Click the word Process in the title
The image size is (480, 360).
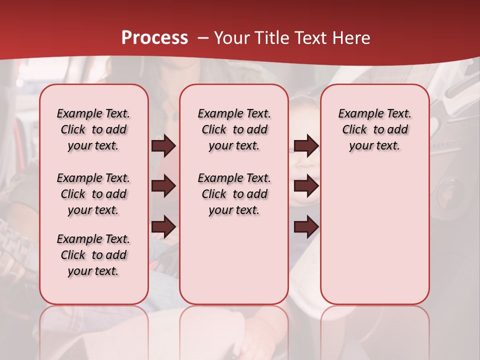[154, 38]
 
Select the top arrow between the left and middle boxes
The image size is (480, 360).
[163, 146]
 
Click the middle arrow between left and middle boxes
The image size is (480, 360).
[163, 186]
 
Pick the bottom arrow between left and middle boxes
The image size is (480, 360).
[163, 227]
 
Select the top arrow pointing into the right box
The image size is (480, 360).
[306, 146]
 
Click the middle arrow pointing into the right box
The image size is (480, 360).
[306, 186]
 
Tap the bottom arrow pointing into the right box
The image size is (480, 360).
[306, 227]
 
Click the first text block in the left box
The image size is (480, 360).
[93, 129]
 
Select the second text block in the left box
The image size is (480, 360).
[93, 194]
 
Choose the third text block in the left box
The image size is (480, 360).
[93, 255]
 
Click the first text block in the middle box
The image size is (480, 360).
[234, 129]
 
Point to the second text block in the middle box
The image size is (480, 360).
[234, 194]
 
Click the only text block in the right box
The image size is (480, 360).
[375, 129]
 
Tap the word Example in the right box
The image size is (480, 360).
[356, 113]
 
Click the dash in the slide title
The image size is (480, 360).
[203, 38]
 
